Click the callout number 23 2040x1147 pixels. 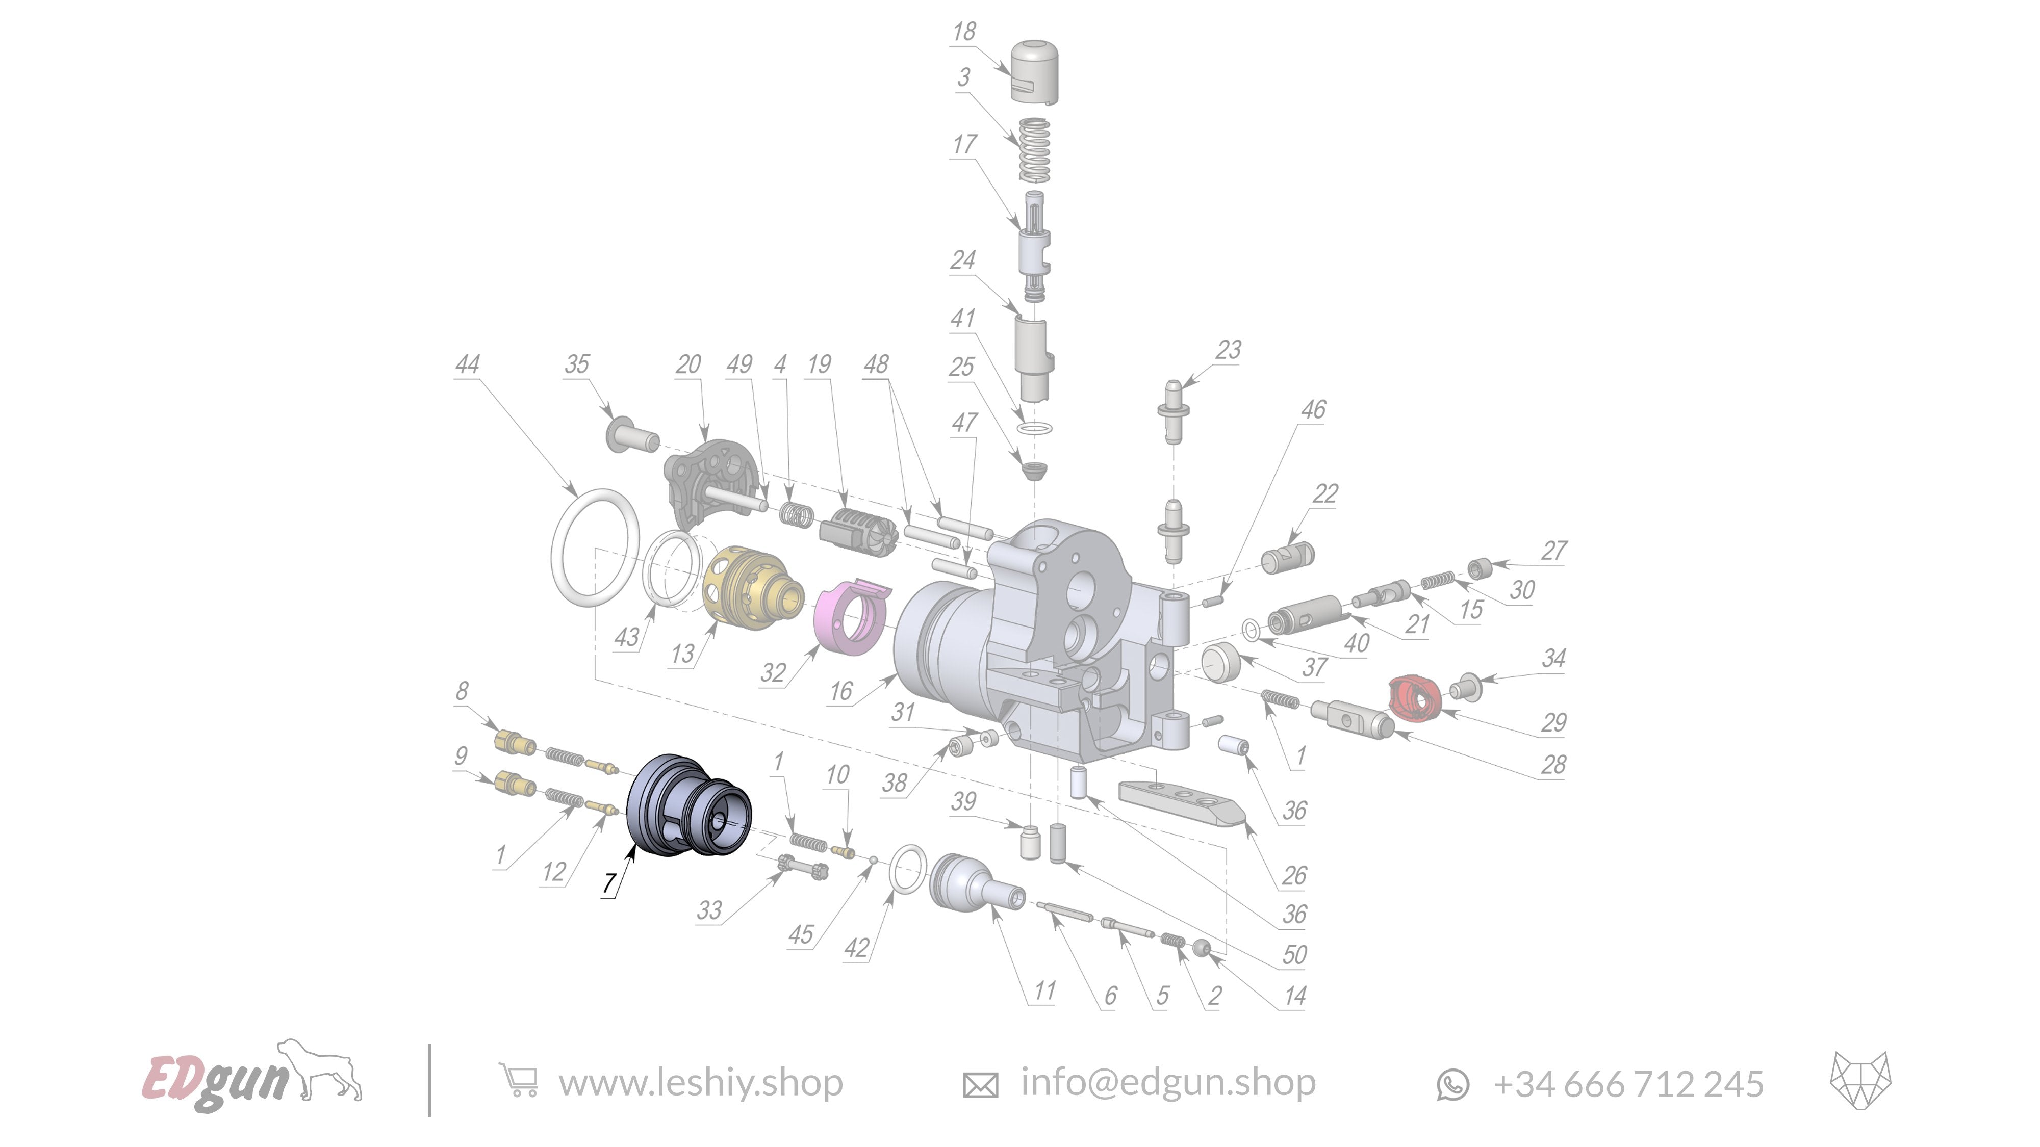pos(1228,350)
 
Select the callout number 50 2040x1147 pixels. pos(1294,955)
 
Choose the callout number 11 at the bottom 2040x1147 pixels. pos(1044,991)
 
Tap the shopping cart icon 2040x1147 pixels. pos(519,1081)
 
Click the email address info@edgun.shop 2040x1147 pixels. pos(1168,1082)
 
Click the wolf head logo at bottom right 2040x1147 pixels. pos(1859,1081)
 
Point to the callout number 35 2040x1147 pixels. pos(576,364)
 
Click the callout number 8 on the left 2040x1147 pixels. pos(462,691)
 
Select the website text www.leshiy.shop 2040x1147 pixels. pos(701,1082)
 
